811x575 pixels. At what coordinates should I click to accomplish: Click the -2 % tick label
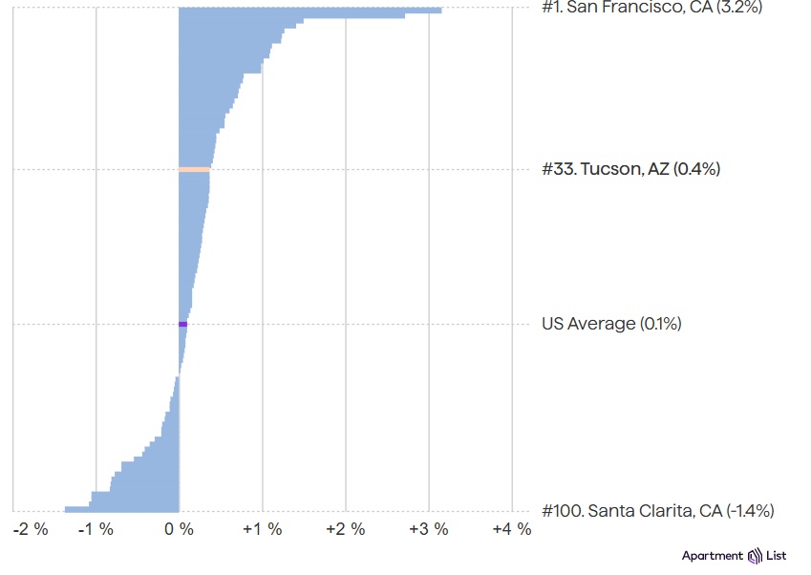(x=31, y=529)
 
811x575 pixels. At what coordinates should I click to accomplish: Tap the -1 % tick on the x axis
(x=96, y=529)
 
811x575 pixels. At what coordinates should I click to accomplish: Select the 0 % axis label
(x=179, y=529)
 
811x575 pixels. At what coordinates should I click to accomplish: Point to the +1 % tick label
(x=263, y=529)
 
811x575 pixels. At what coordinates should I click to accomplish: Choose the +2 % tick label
(x=346, y=529)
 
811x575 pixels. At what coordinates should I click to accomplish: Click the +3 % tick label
(x=429, y=529)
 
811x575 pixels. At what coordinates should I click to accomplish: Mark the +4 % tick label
(x=512, y=529)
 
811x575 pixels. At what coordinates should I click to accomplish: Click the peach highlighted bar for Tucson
(x=195, y=170)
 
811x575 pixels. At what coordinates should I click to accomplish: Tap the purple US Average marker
(x=183, y=324)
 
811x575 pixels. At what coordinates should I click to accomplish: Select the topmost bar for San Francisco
(x=310, y=11)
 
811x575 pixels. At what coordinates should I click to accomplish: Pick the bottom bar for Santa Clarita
(x=122, y=509)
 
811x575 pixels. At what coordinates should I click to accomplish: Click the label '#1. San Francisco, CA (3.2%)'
(x=651, y=8)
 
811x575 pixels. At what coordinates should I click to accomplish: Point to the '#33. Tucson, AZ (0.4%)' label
(x=631, y=169)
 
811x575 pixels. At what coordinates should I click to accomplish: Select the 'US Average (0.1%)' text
(x=611, y=324)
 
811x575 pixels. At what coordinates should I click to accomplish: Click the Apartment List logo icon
(x=756, y=556)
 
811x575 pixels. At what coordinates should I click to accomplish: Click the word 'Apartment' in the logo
(x=713, y=557)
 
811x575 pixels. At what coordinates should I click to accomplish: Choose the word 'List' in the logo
(x=777, y=556)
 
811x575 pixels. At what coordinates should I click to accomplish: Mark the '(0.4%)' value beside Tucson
(x=696, y=169)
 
